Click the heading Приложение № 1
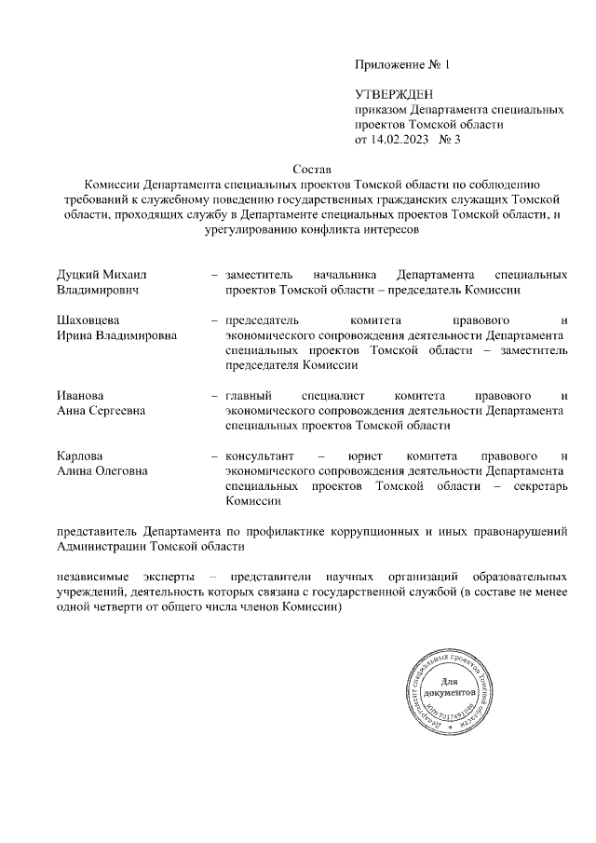(400, 65)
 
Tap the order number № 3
(451, 140)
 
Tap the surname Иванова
(80, 395)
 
